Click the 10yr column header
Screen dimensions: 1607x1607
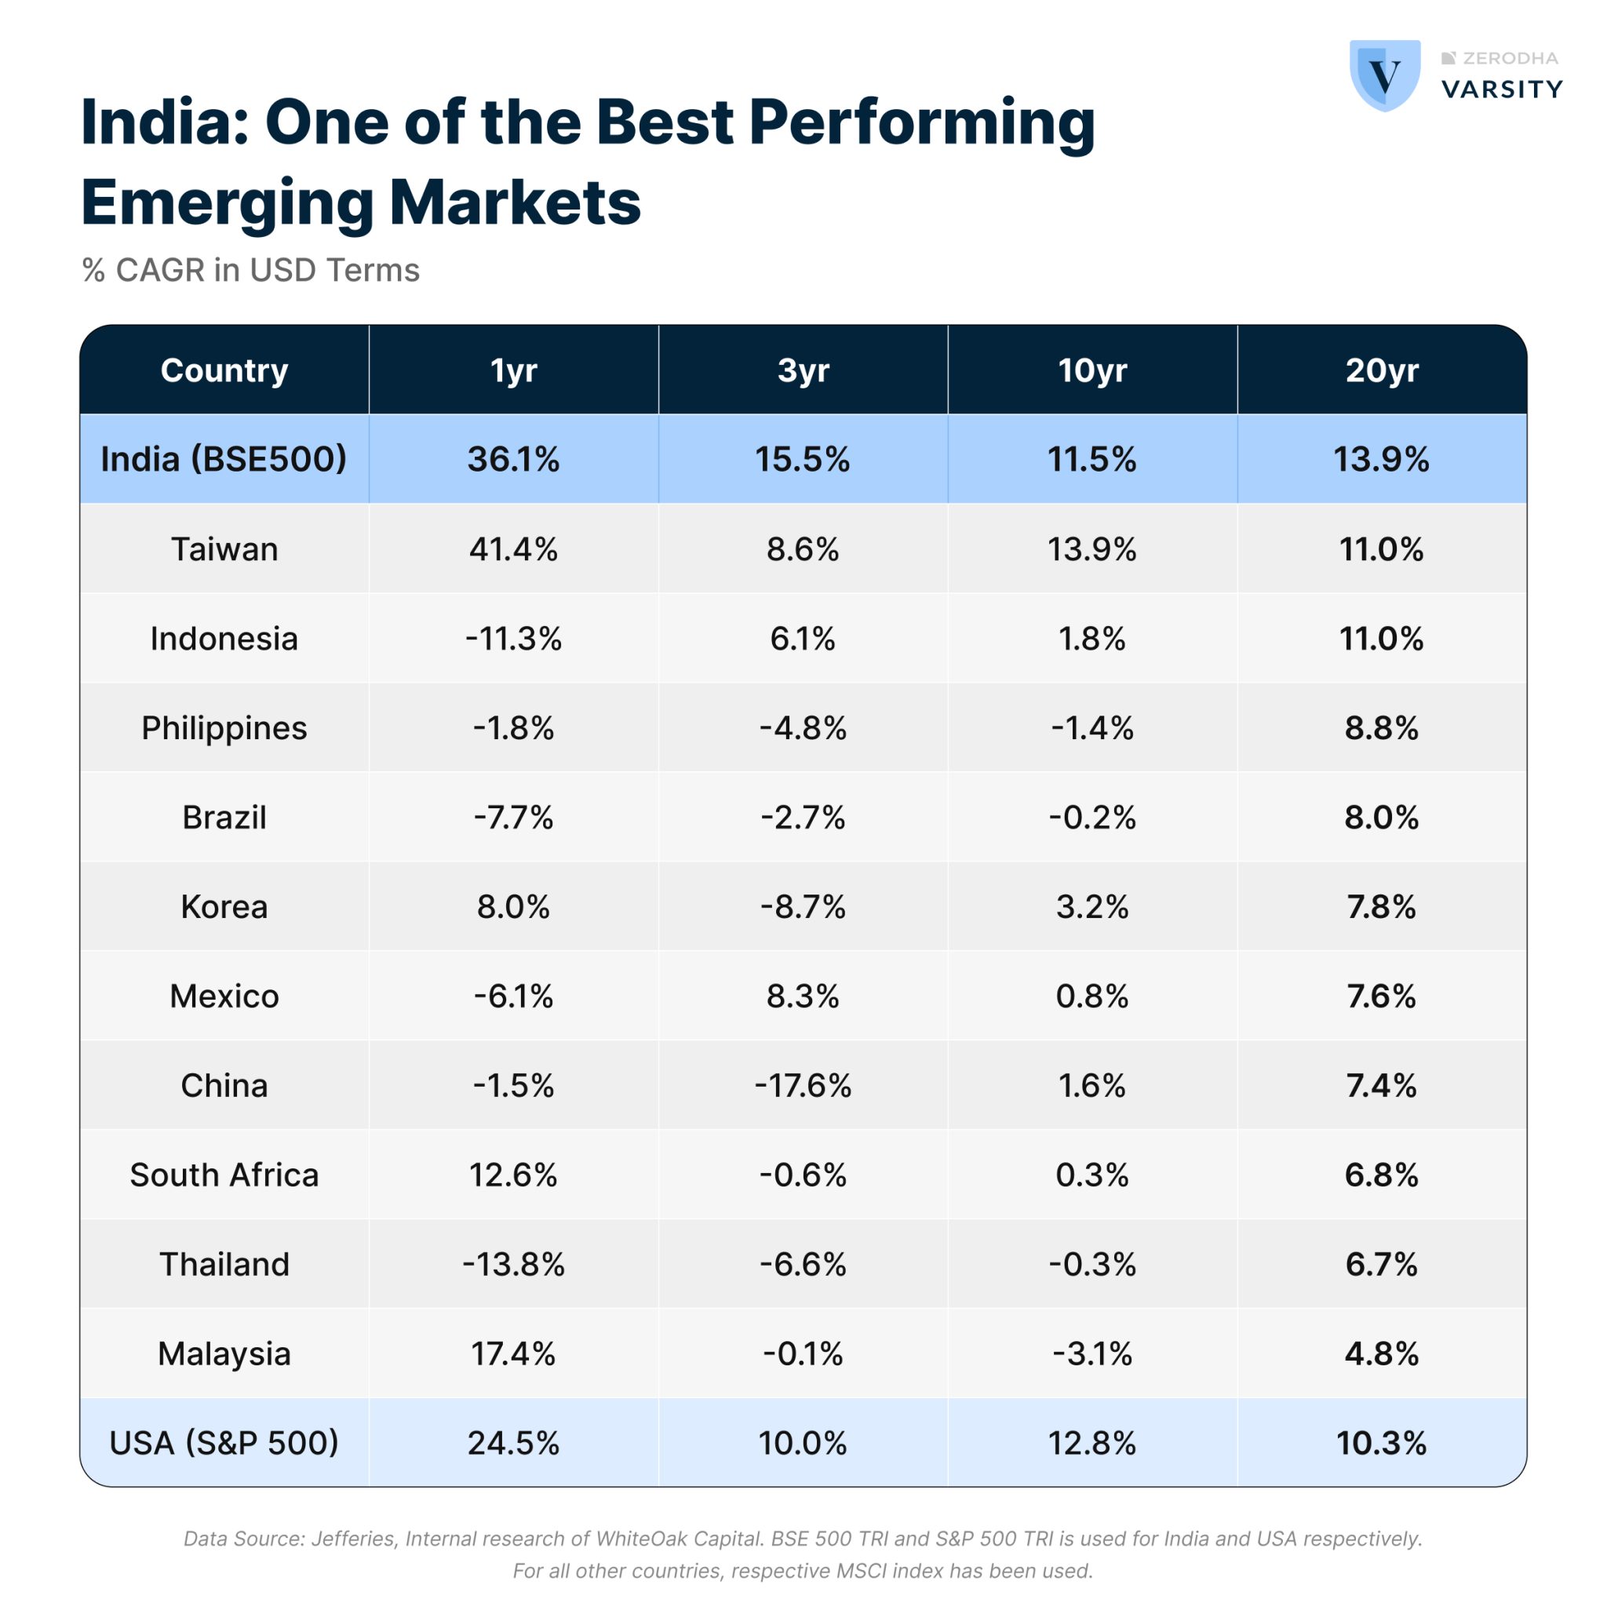pos(1091,370)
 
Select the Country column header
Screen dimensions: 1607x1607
pos(224,370)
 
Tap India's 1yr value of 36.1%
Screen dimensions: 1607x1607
pos(513,459)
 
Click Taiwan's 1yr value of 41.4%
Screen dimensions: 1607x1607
pos(513,549)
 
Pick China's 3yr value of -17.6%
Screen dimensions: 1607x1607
pos(803,1085)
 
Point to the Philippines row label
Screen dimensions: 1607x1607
pos(224,728)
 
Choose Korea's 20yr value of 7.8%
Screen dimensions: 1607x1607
pos(1381,906)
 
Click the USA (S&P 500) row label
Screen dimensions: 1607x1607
pos(224,1443)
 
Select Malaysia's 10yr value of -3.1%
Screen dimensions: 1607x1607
pos(1091,1354)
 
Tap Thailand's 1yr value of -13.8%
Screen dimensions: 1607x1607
pos(513,1264)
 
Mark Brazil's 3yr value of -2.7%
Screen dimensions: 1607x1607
pos(803,818)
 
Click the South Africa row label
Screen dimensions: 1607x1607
pos(224,1175)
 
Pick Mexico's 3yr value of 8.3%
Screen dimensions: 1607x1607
pos(803,997)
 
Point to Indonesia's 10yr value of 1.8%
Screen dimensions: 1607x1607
pos(1091,639)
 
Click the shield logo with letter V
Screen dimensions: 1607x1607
pos(1384,75)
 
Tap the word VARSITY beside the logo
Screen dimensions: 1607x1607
pos(1501,89)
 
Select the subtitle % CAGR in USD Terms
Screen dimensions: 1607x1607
pos(250,271)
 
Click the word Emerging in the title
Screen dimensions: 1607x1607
pos(226,202)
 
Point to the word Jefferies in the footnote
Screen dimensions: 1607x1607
pos(352,1539)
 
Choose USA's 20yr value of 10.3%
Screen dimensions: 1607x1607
pos(1381,1443)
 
